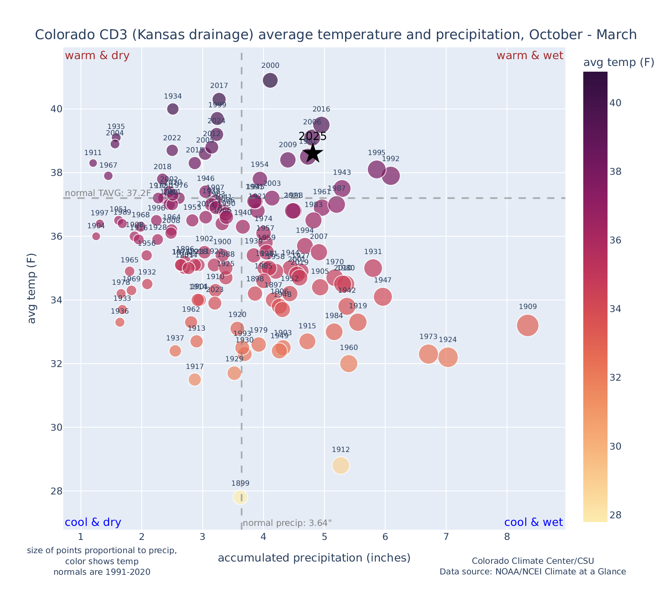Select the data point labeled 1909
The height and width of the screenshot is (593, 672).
tap(528, 325)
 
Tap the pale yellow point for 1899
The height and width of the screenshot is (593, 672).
tap(240, 497)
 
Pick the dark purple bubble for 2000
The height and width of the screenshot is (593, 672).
tap(270, 80)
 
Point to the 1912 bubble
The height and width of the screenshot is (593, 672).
tap(341, 465)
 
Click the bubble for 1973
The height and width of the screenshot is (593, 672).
tap(429, 354)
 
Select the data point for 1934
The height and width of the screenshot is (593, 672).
tap(173, 109)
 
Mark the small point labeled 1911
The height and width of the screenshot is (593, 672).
tap(93, 163)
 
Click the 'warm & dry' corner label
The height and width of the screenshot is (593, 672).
tap(97, 56)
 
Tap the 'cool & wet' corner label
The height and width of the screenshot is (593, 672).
tap(533, 522)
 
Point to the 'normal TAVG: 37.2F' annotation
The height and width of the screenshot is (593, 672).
tap(108, 193)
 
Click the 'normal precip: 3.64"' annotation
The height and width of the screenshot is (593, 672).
tap(287, 523)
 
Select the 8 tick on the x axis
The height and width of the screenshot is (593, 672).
tap(507, 537)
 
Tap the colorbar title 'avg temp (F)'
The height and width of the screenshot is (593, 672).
tap(619, 63)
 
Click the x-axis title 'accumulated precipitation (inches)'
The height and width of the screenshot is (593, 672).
tap(314, 558)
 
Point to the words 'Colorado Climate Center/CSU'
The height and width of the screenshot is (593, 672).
tap(533, 561)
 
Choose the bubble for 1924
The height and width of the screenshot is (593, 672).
tap(448, 357)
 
